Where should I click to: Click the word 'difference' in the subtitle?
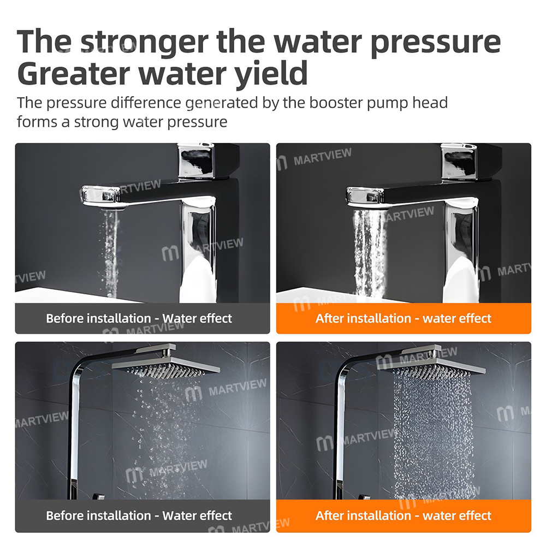144,103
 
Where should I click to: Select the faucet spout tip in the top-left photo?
101,195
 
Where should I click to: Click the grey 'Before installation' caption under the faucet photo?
139,318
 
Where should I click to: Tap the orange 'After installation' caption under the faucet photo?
403,318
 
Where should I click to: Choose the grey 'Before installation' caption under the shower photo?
139,515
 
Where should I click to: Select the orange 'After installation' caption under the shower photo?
403,515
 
